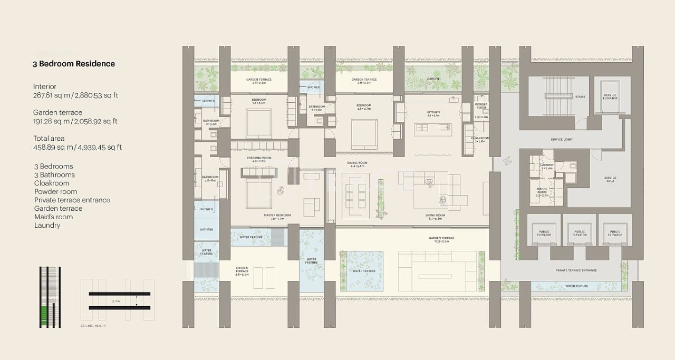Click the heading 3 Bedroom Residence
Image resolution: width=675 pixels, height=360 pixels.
74,64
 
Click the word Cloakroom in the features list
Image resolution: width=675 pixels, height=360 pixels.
52,183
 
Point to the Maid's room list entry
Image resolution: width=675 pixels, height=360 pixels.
54,217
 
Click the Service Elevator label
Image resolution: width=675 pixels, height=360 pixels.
610,97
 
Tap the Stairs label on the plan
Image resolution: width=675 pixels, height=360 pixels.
580,97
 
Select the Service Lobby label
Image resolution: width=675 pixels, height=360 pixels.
561,139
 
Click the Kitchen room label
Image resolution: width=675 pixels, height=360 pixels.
433,112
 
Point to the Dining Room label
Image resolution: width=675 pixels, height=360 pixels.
357,163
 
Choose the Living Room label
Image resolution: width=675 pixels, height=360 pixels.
436,215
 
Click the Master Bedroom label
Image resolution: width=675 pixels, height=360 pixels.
277,215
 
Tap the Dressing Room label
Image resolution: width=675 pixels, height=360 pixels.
259,158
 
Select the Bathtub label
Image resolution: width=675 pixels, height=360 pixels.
206,230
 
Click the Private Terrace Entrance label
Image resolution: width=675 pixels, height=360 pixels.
576,270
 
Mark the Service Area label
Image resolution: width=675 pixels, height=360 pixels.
610,179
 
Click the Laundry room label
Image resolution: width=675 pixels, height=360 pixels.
547,165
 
